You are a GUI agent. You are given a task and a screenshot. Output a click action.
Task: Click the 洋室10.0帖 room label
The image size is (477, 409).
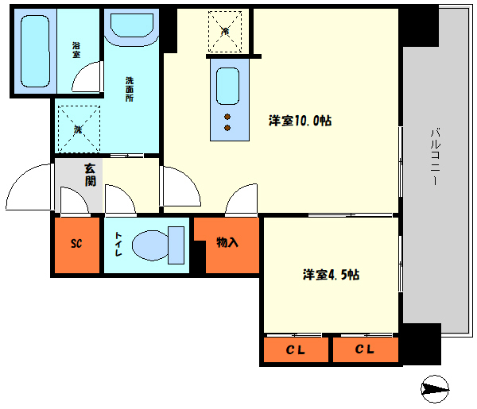pos(300,121)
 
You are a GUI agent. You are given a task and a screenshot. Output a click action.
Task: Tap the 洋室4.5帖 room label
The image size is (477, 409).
pos(331,275)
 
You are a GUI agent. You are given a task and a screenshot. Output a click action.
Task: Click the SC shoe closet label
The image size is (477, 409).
pos(77,243)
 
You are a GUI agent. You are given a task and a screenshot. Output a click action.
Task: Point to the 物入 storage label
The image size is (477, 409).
pos(227,242)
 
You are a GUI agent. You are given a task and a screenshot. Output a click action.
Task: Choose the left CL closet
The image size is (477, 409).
pos(295,349)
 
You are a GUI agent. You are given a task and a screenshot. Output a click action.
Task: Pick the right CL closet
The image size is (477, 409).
pos(365,349)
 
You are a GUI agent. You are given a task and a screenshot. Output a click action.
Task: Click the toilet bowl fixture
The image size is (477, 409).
pos(156,245)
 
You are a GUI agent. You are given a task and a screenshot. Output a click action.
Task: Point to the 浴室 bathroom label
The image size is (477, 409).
pos(76,51)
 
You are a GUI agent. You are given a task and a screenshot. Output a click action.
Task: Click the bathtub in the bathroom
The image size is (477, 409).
pos(36,51)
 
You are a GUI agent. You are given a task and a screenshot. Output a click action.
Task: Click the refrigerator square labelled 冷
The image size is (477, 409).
pos(226,31)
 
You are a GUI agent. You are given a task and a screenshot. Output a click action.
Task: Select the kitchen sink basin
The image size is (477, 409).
pos(227,85)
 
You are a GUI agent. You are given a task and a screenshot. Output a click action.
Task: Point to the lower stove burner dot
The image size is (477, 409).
pos(227,127)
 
